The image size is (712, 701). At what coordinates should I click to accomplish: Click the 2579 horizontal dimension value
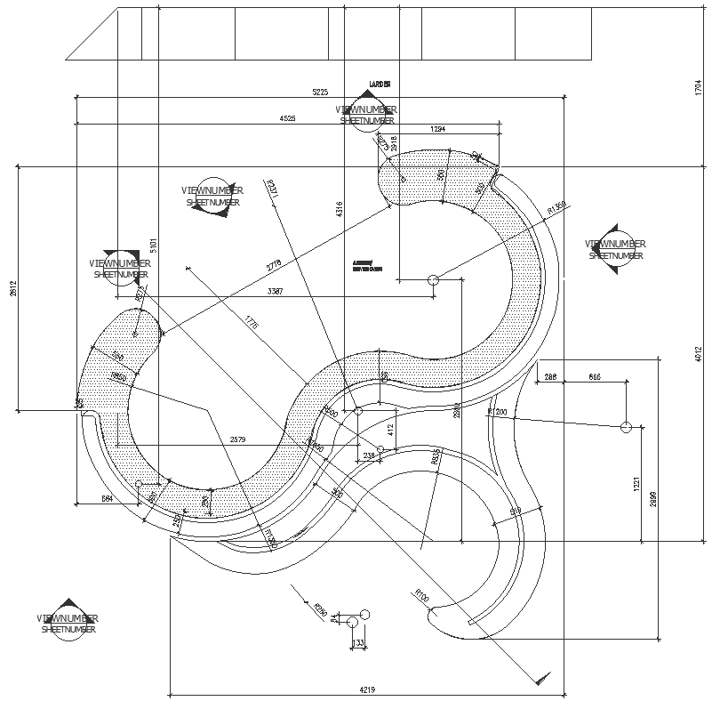click(x=239, y=439)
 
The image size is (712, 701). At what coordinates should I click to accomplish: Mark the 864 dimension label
click(x=108, y=500)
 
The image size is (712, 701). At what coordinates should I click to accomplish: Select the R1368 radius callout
click(x=556, y=208)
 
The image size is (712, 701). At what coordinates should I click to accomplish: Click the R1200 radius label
click(x=496, y=412)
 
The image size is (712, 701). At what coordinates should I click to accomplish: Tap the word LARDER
click(x=380, y=85)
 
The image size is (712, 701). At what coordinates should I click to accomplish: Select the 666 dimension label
click(x=594, y=378)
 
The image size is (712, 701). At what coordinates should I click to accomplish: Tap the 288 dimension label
click(x=550, y=378)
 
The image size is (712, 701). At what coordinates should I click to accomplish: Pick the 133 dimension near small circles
click(x=358, y=642)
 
